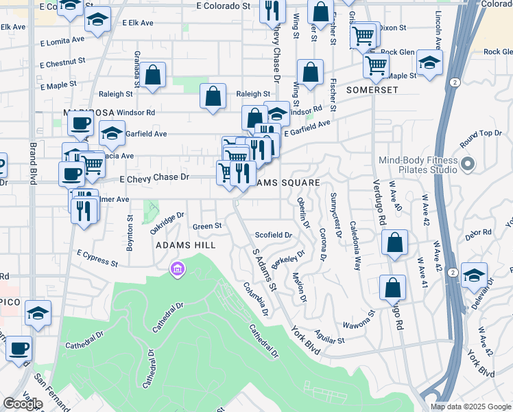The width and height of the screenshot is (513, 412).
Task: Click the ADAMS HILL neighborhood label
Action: coord(185,245)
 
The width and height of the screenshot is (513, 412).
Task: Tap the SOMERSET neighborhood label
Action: coord(372,90)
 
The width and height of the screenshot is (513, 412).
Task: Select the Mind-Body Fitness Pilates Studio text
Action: coord(418,165)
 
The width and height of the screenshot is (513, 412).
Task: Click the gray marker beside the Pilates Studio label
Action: coord(468,164)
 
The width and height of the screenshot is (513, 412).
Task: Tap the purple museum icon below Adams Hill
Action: coord(178,268)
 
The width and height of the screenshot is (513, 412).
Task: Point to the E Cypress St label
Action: coord(97,258)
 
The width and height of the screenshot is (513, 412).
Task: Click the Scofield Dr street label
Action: coord(274,235)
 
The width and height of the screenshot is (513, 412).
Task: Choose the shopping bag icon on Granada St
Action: coord(154,76)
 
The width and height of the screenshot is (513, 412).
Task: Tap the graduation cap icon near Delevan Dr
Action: coord(474,275)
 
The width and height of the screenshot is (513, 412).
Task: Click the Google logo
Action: coord(23,404)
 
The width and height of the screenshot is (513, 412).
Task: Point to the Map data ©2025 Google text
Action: coord(471,407)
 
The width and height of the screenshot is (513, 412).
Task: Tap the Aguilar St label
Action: coord(329,339)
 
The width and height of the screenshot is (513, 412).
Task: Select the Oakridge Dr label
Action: coord(168,223)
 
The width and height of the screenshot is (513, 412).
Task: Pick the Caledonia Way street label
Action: coord(356,236)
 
